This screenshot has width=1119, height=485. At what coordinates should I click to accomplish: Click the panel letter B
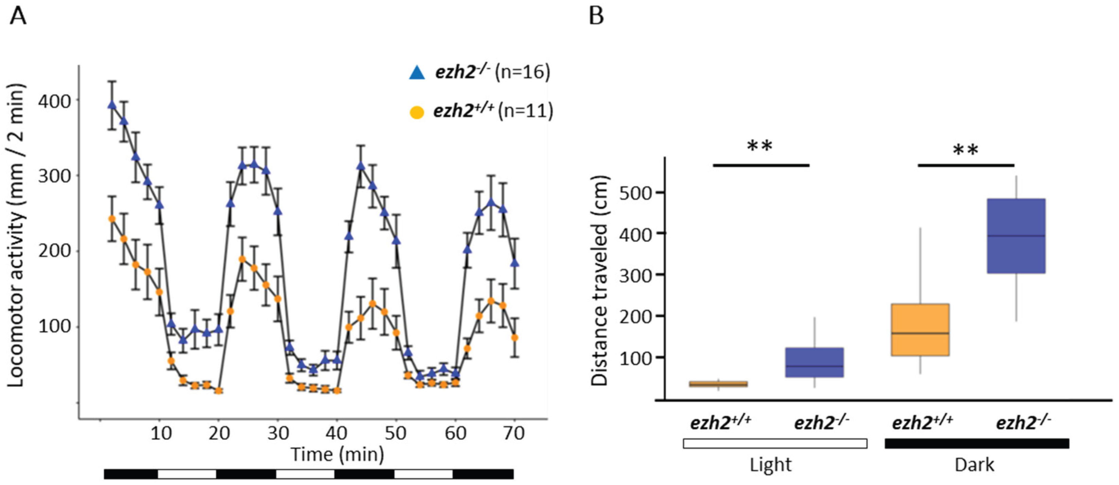point(596,17)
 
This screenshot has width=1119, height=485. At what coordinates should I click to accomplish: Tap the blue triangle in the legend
point(417,73)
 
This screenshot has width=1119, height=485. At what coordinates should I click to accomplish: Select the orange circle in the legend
point(417,113)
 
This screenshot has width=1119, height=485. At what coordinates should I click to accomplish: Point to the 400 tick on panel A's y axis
point(54,101)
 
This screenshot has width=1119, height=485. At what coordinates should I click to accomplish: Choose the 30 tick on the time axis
point(277,433)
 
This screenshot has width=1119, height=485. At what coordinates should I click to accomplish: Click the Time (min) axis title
point(337,454)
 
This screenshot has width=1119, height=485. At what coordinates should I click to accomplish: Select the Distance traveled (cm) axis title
point(600,281)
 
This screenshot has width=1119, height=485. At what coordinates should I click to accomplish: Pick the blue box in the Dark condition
point(1016,236)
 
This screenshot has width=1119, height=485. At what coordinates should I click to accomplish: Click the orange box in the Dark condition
point(920,329)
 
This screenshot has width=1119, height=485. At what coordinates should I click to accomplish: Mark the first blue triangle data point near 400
point(112,105)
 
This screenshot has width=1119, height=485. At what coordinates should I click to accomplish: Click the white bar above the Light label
point(775,443)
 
